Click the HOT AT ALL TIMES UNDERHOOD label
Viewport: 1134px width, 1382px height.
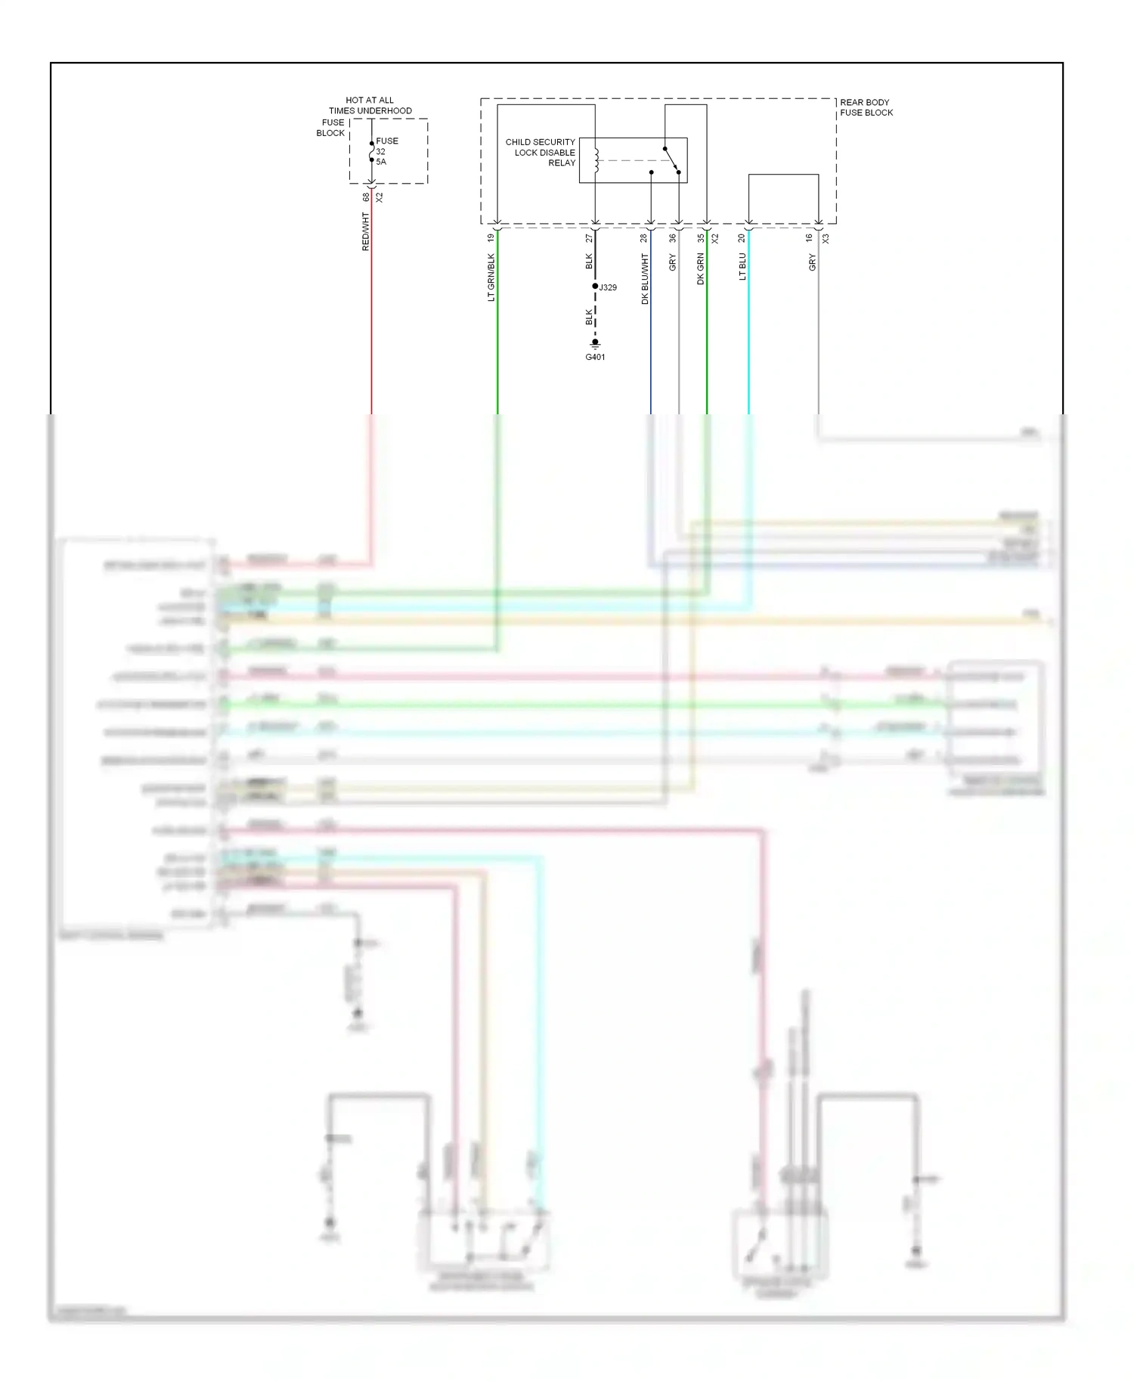pos(370,105)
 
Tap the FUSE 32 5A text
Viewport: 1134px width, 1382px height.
pos(386,151)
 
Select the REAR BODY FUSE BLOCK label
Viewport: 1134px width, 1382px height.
pos(866,107)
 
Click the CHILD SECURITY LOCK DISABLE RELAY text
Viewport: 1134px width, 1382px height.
pos(541,152)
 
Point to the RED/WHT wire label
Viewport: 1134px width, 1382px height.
pos(366,231)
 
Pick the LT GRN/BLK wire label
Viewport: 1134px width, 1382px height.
pos(491,277)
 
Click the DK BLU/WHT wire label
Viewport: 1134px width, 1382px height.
pos(645,279)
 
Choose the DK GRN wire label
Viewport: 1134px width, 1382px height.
pos(701,269)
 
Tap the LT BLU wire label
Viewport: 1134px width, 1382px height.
pos(742,267)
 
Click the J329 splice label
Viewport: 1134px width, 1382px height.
pos(608,287)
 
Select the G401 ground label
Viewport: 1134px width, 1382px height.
pos(595,357)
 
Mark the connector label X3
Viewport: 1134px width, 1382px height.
pos(826,238)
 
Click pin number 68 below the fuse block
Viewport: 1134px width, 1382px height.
pos(366,197)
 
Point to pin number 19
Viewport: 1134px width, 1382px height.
pos(491,238)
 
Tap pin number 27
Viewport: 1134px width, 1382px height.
pos(589,238)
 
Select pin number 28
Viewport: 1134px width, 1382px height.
pos(644,238)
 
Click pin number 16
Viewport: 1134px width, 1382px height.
pos(809,238)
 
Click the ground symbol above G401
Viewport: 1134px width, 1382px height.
pos(595,344)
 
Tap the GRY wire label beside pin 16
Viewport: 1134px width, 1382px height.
pos(813,262)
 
